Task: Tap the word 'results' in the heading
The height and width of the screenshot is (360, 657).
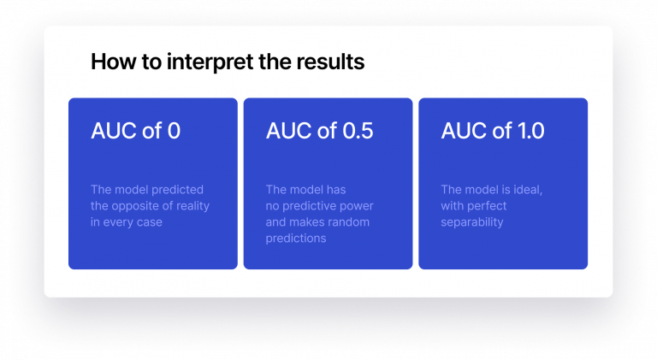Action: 327,62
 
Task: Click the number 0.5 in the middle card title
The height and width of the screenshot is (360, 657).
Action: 356,132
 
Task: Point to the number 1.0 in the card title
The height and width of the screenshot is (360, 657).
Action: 530,132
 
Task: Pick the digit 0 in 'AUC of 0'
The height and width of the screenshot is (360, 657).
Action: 174,132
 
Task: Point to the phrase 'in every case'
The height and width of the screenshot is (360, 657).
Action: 127,222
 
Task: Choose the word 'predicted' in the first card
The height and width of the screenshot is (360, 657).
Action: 178,190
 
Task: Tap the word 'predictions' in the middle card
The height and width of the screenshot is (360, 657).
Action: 296,239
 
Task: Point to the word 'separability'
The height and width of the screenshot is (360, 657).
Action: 472,222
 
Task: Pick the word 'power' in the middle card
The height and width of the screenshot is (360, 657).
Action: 357,206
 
